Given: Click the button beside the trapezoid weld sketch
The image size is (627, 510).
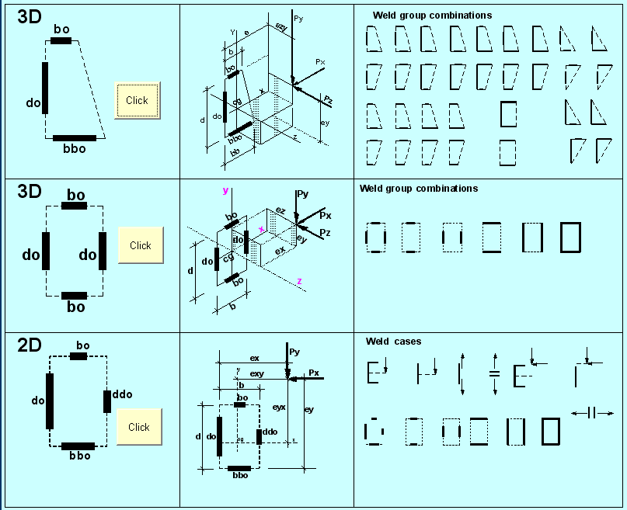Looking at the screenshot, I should (x=137, y=100).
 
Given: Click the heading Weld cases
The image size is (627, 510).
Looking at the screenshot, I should (x=394, y=342).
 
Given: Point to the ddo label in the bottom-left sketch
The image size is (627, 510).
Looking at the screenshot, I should (x=123, y=394).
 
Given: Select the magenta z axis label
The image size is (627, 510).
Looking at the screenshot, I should (x=300, y=281).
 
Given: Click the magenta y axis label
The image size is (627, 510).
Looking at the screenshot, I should (x=225, y=189).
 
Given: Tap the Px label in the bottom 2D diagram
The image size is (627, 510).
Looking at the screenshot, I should (x=314, y=373).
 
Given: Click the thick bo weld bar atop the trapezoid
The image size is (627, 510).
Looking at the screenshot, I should (x=61, y=40).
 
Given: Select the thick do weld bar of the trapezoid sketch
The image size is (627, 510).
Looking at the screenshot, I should (x=45, y=88).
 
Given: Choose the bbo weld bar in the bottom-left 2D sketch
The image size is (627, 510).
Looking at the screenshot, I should (x=78, y=446).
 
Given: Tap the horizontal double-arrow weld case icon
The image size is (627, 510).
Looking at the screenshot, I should (x=592, y=413).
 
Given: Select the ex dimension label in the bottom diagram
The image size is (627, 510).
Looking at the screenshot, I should (x=254, y=358).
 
